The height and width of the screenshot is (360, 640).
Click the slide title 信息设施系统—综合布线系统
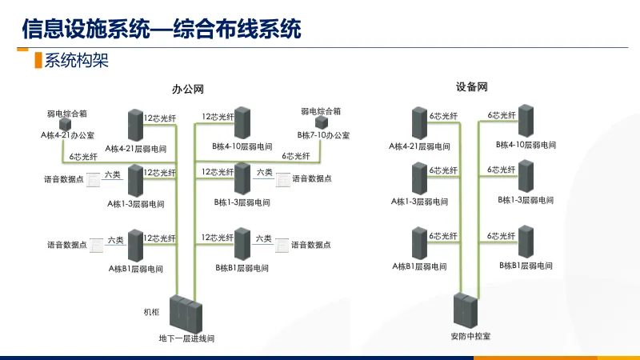pos(161,30)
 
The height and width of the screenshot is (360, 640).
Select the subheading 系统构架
pos(76,61)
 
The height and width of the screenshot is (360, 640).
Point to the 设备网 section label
pos(471,86)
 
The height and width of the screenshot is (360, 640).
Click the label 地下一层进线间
pos(187,338)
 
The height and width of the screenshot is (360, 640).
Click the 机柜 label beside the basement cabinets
pos(152,311)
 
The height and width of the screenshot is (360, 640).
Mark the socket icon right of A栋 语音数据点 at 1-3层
pos(94,179)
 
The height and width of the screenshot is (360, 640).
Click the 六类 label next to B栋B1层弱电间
pos(264,238)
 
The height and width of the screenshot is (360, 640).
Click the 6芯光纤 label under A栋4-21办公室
pos(83,157)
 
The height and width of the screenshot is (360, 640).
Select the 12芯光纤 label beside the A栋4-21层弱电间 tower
pos(159,118)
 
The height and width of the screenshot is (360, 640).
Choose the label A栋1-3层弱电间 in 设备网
pos(420,201)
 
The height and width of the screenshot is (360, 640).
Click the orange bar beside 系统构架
pos(37,61)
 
